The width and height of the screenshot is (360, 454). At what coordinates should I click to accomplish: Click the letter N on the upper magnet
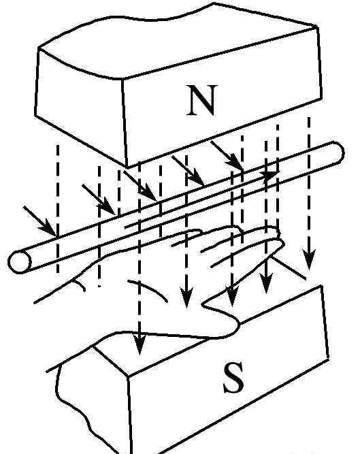pos(201,100)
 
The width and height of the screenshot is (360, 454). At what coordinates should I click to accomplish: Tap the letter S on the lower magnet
pos(233,378)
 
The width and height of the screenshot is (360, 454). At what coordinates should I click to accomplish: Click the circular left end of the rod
pos(19,262)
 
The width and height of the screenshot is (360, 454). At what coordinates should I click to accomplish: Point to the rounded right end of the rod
pos(337,152)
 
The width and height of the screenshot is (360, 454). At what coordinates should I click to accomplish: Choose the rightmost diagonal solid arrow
pos(227,155)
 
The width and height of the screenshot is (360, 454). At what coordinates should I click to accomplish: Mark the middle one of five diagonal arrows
pos(140,186)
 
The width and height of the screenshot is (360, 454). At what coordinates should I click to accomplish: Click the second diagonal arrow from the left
pos(99,199)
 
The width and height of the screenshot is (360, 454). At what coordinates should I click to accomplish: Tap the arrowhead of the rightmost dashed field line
pos(309,259)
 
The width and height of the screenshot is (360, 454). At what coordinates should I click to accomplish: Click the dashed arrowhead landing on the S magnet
pos(140,344)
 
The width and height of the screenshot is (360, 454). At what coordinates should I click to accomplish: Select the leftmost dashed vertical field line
pos(58,208)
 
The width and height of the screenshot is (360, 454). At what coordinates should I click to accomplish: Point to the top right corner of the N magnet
pos(317,27)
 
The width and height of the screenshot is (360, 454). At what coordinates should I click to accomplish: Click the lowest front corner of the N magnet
pos(127,167)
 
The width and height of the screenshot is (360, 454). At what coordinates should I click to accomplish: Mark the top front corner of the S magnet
pos(128,376)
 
